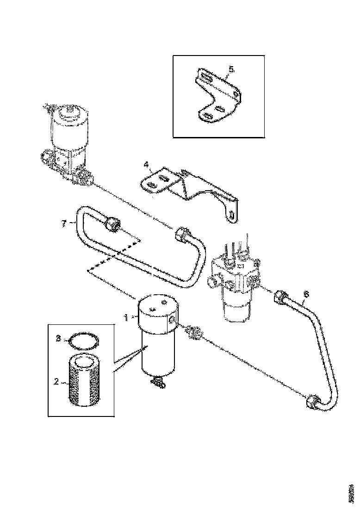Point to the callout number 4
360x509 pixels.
tap(146, 164)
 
